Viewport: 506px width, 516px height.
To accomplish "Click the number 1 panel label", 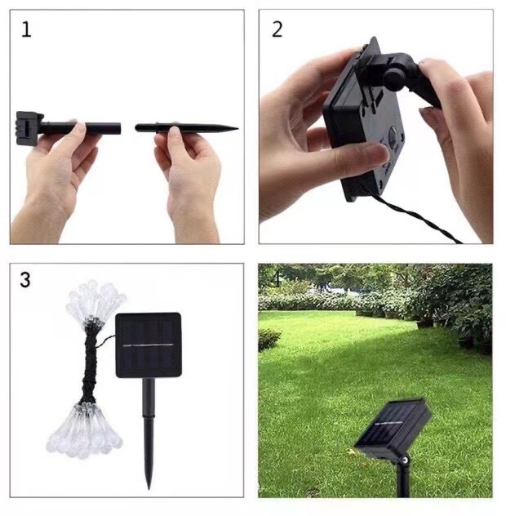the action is coord(26,29).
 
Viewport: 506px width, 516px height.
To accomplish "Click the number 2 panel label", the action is coord(277,29).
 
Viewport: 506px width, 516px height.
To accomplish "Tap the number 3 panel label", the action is coord(25,280).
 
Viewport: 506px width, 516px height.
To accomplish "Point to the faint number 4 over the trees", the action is coord(276,279).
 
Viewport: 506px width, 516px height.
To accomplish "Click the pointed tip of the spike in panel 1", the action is coord(237,128).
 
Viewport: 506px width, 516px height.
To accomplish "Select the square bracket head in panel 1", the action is coord(29,128).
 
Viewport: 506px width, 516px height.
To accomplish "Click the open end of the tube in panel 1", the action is coord(119,129).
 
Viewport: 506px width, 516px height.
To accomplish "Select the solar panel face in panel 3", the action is coord(149,345).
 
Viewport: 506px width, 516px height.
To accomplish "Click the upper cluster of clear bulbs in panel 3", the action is coord(95,301).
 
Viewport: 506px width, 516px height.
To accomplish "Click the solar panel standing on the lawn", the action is coord(393,428).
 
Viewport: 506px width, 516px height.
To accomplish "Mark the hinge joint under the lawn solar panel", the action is coord(406,458).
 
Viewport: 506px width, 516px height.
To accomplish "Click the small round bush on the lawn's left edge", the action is coord(269,339).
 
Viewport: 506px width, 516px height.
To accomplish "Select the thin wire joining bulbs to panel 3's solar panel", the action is coord(105,340).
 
